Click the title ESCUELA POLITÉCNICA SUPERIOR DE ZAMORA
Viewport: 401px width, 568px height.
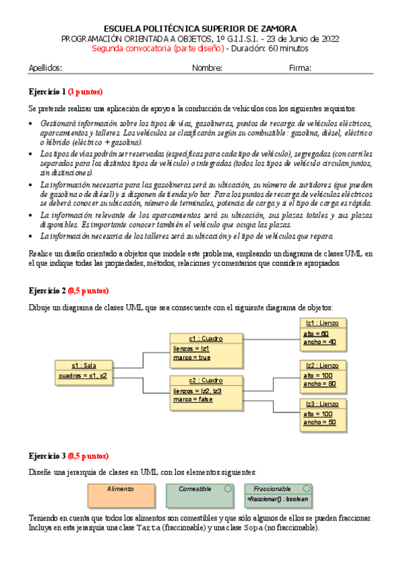[200, 28]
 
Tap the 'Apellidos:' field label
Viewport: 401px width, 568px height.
[46, 68]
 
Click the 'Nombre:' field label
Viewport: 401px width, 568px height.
[207, 68]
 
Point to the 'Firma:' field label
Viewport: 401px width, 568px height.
[300, 68]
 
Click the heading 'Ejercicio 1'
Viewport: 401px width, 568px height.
[47, 92]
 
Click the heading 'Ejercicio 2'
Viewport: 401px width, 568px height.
[47, 291]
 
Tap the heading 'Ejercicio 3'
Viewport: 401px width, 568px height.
[47, 455]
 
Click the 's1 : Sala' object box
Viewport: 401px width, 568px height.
[84, 370]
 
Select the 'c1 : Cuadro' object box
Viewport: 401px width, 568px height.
[206, 348]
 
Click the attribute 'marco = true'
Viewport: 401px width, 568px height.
[191, 358]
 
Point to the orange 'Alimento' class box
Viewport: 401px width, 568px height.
[121, 495]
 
